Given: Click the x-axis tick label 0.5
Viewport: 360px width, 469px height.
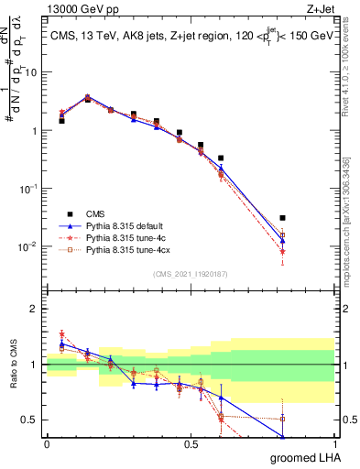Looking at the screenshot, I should (x=191, y=443).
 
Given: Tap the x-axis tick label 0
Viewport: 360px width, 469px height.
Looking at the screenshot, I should (x=47, y=443).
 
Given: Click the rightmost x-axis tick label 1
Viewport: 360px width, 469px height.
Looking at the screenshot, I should (x=335, y=443).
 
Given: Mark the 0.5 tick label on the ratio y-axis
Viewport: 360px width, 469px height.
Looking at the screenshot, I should (x=33, y=420).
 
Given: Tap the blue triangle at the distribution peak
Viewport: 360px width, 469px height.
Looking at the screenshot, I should (x=87, y=96).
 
